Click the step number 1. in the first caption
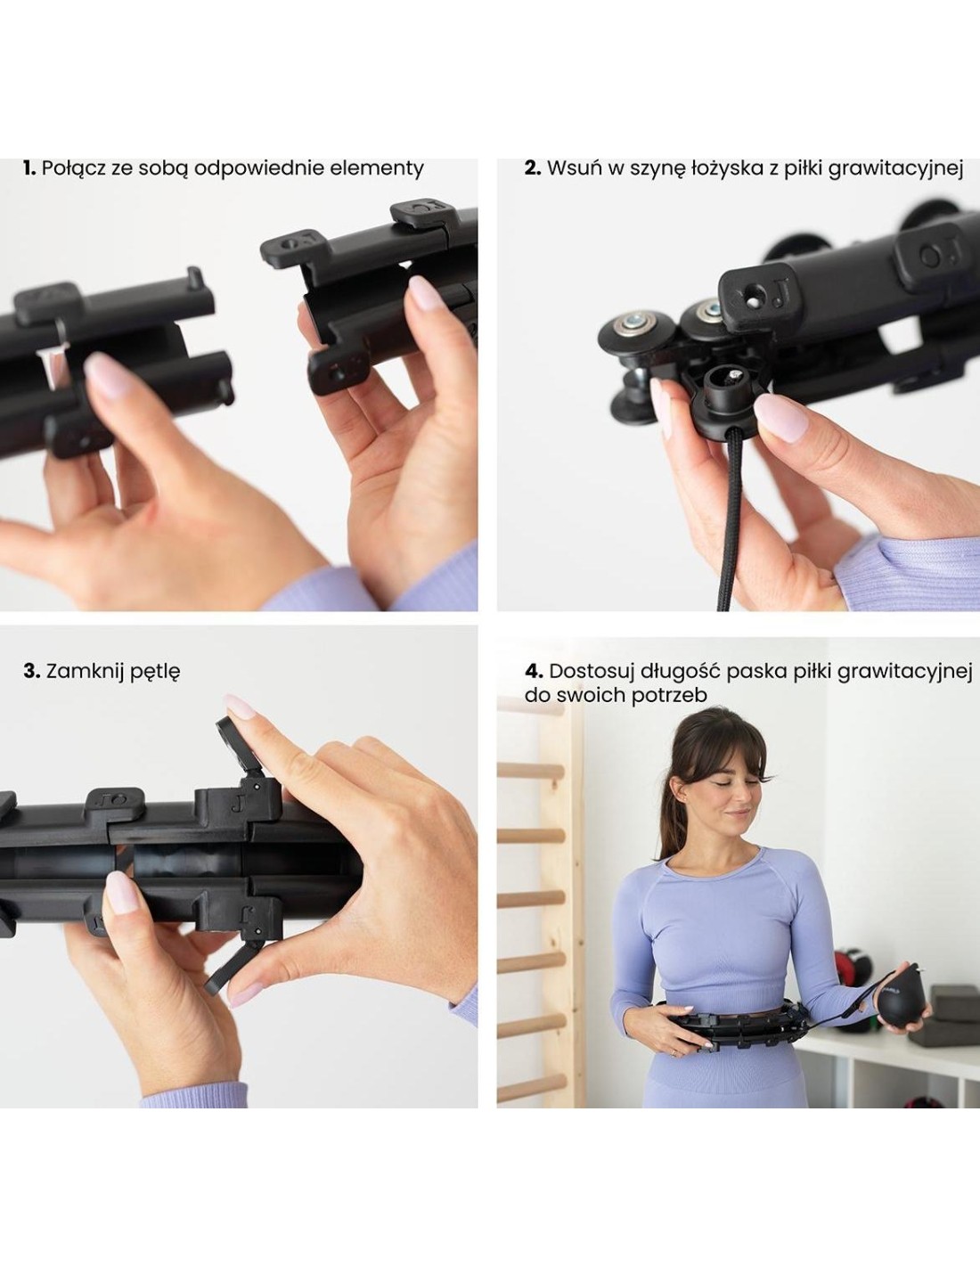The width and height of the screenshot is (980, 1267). click(x=29, y=168)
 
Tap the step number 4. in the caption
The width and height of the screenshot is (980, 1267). click(x=534, y=671)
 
